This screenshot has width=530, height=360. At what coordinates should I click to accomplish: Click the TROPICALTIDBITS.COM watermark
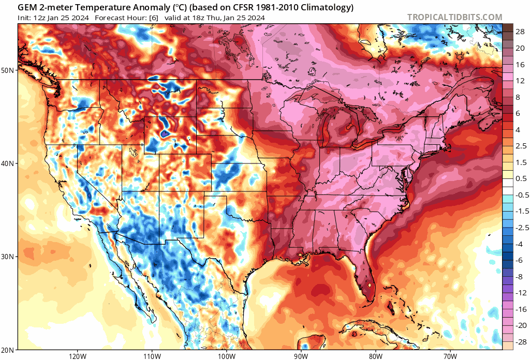click(x=454, y=17)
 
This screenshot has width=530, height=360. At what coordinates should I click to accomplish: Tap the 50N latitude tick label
click(x=9, y=70)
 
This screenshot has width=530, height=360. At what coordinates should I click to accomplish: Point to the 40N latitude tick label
click(x=9, y=163)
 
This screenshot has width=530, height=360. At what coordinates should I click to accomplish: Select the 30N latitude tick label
click(x=9, y=257)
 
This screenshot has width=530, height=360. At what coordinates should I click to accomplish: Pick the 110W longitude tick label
click(x=152, y=355)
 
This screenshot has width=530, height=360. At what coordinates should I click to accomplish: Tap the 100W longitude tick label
click(x=226, y=355)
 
